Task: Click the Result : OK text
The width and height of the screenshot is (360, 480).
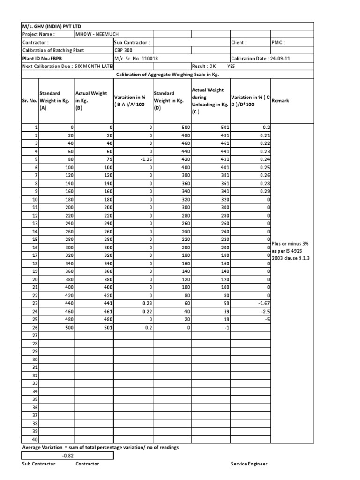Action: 204,67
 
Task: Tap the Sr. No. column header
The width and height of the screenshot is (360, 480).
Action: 30,101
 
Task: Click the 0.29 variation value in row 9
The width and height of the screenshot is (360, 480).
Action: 265,191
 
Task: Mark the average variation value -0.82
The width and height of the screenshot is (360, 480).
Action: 68,455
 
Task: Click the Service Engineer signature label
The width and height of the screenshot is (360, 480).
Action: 248,464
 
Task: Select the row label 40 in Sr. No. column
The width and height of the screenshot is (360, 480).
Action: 34,439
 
